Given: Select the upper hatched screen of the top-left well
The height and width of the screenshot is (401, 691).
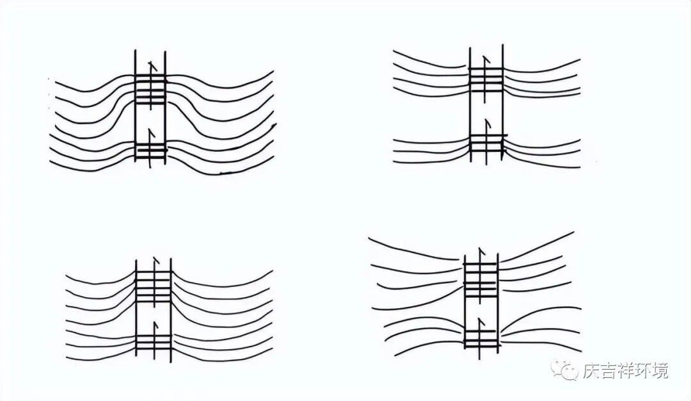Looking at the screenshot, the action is point(150,90).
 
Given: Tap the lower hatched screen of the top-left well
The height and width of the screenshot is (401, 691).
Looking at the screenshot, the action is point(150,151).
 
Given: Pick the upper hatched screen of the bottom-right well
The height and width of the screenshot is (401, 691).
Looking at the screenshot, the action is point(481,279).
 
